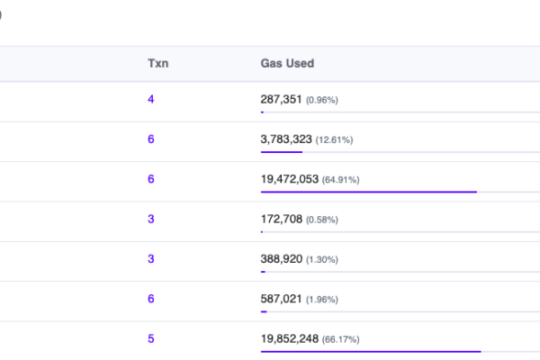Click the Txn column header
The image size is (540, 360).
[157, 64]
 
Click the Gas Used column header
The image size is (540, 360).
[287, 64]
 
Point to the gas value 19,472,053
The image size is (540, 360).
[290, 179]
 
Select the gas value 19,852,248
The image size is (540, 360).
[290, 338]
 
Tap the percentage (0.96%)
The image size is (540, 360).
[322, 100]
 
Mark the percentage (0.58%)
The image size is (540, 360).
[322, 219]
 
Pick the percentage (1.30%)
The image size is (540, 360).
[322, 258]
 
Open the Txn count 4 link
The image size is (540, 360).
[151, 100]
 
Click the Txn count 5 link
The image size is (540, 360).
[151, 338]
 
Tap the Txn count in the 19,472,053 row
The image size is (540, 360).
[151, 179]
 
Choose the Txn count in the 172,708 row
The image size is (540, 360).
[151, 219]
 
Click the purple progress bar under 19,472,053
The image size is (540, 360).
[369, 192]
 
